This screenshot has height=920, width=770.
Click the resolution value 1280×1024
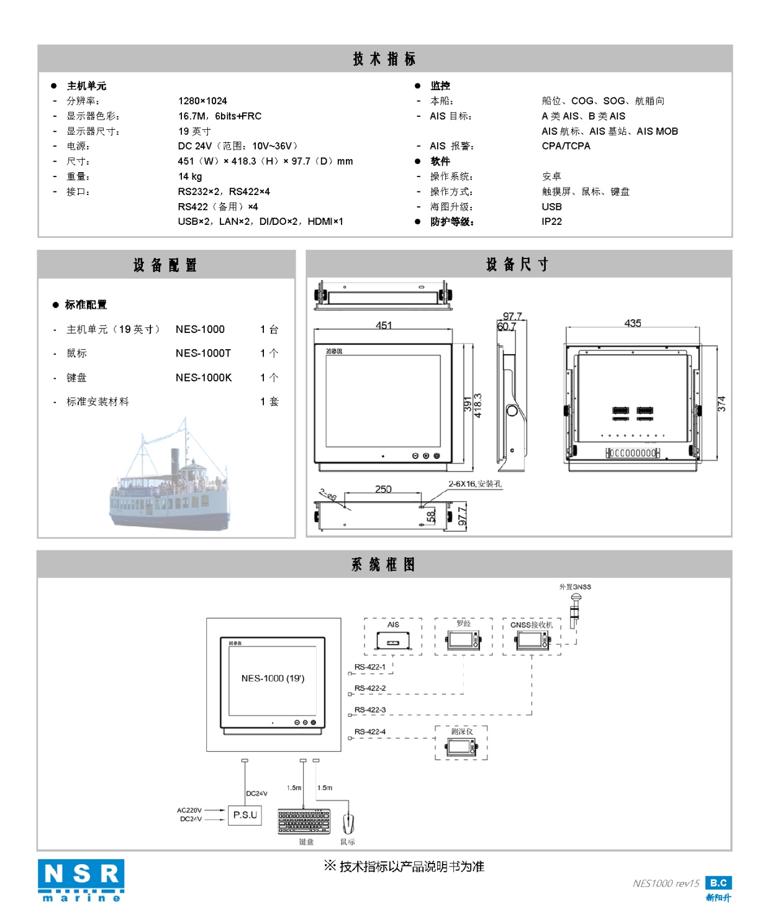[202, 101]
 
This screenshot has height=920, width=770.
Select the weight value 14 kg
[190, 176]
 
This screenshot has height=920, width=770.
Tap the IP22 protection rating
[551, 222]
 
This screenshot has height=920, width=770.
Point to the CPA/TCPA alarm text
[566, 146]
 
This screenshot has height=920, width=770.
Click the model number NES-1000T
[203, 353]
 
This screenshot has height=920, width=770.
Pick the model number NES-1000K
[204, 378]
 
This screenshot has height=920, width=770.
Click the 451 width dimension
[384, 325]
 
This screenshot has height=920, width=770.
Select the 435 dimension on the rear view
[633, 323]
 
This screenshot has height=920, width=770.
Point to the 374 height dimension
[721, 404]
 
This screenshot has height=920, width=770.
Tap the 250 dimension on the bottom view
[383, 489]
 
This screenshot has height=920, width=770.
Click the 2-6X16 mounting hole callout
[475, 484]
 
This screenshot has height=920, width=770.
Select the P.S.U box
[245, 815]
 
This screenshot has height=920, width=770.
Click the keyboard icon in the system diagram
[304, 821]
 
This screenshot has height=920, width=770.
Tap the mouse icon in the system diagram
[348, 823]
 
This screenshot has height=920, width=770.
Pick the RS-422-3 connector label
[370, 709]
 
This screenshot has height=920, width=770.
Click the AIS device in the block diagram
[393, 639]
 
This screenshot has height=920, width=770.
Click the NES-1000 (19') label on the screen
[273, 678]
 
